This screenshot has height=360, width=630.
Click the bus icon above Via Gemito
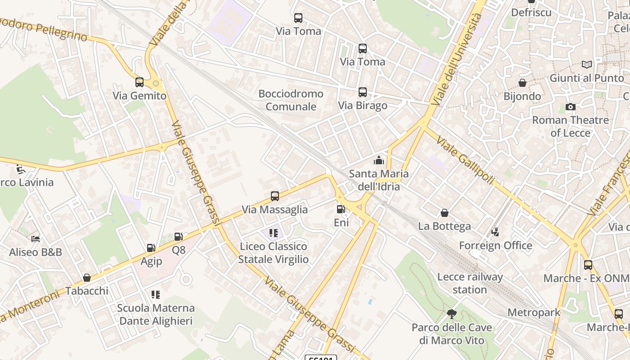tap(139, 82)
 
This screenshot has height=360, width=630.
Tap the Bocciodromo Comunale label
tap(291, 100)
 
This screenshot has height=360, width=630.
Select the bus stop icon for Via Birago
tap(363, 92)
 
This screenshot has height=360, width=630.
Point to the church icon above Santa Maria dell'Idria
tap(379, 160)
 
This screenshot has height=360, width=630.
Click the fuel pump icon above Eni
tap(341, 209)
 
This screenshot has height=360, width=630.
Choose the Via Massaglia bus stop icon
tap(275, 196)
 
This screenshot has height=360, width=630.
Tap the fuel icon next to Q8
tap(178, 237)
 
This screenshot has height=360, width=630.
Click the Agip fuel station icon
tap(151, 248)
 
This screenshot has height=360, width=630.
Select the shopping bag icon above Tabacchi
tap(87, 278)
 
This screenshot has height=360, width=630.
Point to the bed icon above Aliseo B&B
tap(36, 238)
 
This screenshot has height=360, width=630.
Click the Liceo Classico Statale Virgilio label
tap(274, 253)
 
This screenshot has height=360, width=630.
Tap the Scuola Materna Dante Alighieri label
tap(156, 315)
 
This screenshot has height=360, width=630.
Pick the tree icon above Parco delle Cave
tap(452, 314)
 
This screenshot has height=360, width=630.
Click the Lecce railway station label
tap(470, 283)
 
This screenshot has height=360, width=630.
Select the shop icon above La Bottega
tap(445, 213)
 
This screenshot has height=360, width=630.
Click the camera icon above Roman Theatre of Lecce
tap(570, 107)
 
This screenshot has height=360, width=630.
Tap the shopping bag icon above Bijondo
tap(522, 83)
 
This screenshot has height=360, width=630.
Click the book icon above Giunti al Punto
tap(586, 65)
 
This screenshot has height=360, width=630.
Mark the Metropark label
tap(534, 312)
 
